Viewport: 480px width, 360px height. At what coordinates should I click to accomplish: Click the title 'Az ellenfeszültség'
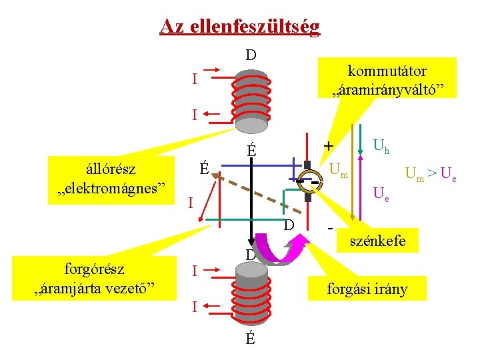tap(239, 27)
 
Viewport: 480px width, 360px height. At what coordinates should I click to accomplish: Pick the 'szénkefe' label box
tap(379, 241)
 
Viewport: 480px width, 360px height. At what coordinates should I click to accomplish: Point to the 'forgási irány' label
tap(367, 289)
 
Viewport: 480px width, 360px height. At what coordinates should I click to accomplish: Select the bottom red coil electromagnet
tap(249, 294)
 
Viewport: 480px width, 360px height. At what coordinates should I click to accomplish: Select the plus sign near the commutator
tap(327, 145)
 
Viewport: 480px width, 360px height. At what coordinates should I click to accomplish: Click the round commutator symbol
tap(309, 179)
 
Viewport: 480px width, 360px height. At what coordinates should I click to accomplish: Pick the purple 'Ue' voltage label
tap(381, 195)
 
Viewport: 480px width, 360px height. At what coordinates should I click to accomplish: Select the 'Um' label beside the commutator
tap(339, 171)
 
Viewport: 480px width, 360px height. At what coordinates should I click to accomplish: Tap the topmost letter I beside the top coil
tap(194, 79)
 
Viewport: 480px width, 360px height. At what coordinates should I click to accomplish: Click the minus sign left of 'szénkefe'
tap(331, 229)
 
